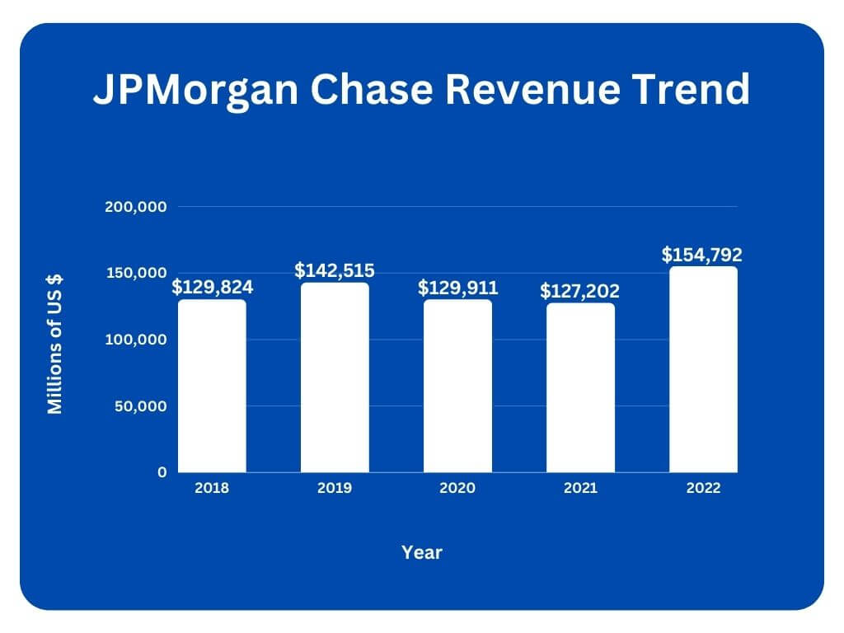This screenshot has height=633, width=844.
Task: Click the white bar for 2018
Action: tap(212, 386)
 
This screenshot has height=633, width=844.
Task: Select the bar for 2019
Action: tap(335, 377)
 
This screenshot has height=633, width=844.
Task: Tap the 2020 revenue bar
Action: tap(457, 386)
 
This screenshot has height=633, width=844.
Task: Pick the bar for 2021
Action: tap(580, 387)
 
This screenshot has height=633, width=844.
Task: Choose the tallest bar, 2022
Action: tap(703, 369)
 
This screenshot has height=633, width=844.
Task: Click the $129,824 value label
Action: tap(212, 288)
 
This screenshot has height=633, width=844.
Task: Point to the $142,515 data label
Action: tap(335, 270)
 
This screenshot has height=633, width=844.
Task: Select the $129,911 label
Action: tap(457, 288)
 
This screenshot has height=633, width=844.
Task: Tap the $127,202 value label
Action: tap(580, 291)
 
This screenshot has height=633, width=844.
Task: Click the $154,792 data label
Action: tap(702, 255)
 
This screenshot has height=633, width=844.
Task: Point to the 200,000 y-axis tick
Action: tap(137, 207)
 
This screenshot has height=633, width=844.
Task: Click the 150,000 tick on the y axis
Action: tap(137, 274)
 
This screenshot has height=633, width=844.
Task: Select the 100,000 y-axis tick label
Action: tap(137, 340)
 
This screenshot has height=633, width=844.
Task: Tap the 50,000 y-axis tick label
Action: tap(141, 406)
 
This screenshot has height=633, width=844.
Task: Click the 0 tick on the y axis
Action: tap(162, 472)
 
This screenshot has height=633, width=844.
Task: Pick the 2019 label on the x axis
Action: tap(335, 488)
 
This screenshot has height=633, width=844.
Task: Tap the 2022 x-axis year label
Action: tap(703, 488)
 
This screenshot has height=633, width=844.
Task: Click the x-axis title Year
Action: tap(422, 552)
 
